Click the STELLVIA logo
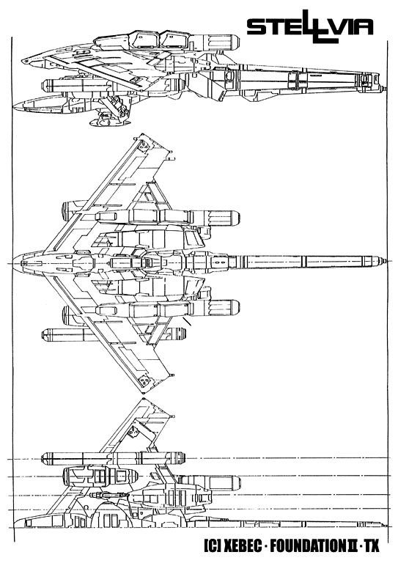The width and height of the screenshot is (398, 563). click(310, 26)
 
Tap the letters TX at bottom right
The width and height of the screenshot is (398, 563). click(372, 546)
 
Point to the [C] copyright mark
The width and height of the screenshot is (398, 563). click(212, 546)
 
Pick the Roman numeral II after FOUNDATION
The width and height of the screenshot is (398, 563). click(350, 546)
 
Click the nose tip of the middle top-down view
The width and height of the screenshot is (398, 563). click(13, 263)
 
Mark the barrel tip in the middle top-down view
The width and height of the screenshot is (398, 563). click(386, 261)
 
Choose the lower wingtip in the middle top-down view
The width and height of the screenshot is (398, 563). click(143, 393)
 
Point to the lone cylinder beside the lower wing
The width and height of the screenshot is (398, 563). click(114, 334)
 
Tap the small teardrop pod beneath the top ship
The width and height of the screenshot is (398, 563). click(108, 122)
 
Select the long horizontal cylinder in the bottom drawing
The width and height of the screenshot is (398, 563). click(114, 457)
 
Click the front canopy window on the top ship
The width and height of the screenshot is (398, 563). click(144, 39)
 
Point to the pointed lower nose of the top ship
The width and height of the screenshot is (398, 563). click(15, 106)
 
